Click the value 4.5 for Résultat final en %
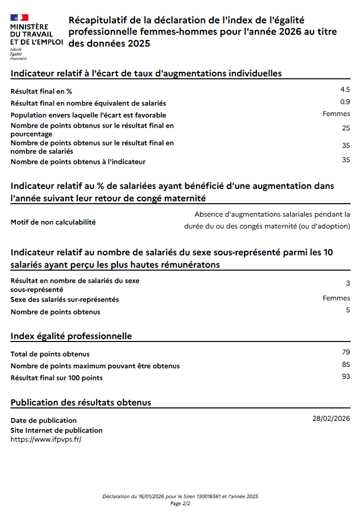tap(345, 89)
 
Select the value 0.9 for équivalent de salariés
tap(345, 102)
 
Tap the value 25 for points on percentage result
tap(346, 128)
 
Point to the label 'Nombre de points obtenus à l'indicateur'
tap(78, 162)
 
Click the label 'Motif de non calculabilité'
tap(53, 222)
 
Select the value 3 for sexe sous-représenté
tap(348, 283)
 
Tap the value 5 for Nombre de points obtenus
tap(348, 310)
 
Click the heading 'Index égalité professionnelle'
tap(71, 336)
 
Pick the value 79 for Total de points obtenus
tap(346, 352)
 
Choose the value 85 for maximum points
tap(346, 364)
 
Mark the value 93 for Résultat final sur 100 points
tap(346, 376)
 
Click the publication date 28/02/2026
tap(331, 418)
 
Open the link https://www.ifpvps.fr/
tap(46, 439)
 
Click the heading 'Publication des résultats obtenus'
tap(81, 402)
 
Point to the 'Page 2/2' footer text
tap(180, 503)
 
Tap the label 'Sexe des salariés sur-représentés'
tap(65, 299)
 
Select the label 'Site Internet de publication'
tap(56, 430)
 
